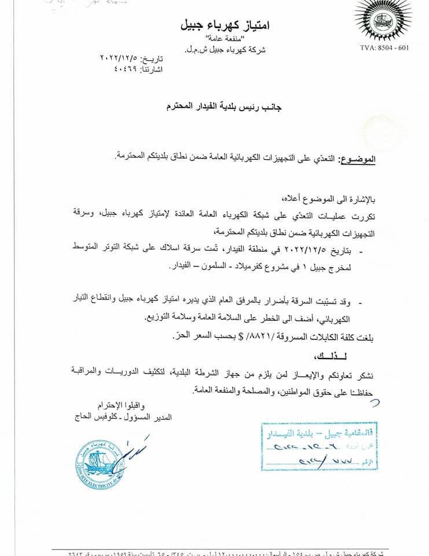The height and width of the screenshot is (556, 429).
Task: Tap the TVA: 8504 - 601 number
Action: (x=383, y=47)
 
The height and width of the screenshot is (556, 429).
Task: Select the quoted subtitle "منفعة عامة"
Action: (x=230, y=39)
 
